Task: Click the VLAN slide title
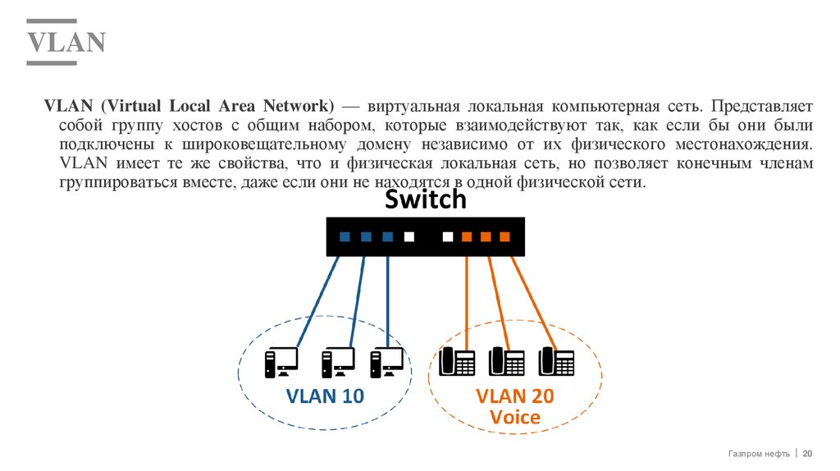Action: point(66,42)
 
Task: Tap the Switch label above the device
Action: point(425,199)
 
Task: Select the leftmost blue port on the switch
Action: point(345,237)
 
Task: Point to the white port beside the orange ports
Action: point(448,237)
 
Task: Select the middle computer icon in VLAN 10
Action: point(337,361)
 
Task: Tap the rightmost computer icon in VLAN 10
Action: point(386,361)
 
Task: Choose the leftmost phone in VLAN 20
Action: point(458,361)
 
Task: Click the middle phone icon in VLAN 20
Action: point(507,361)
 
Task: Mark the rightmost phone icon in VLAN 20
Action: point(556,361)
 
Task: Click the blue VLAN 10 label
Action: point(324,396)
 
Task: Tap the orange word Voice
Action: point(514,417)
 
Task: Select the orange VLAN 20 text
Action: point(514,396)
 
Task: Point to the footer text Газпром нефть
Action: point(759,454)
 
